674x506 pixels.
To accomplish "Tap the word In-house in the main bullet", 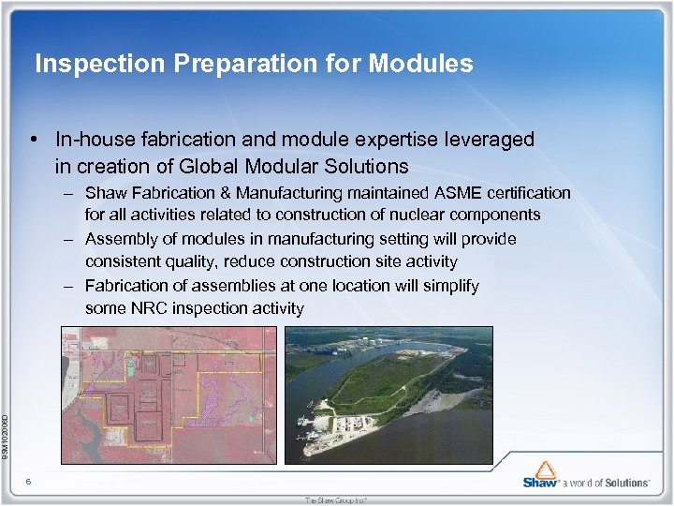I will pos(92,141).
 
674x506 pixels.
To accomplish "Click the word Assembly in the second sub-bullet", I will pos(117,239).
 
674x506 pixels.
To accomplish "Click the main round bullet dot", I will pos(33,141).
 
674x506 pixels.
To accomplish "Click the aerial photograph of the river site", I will pos(388,394).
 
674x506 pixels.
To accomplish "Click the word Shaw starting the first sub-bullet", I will pos(105,193).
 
